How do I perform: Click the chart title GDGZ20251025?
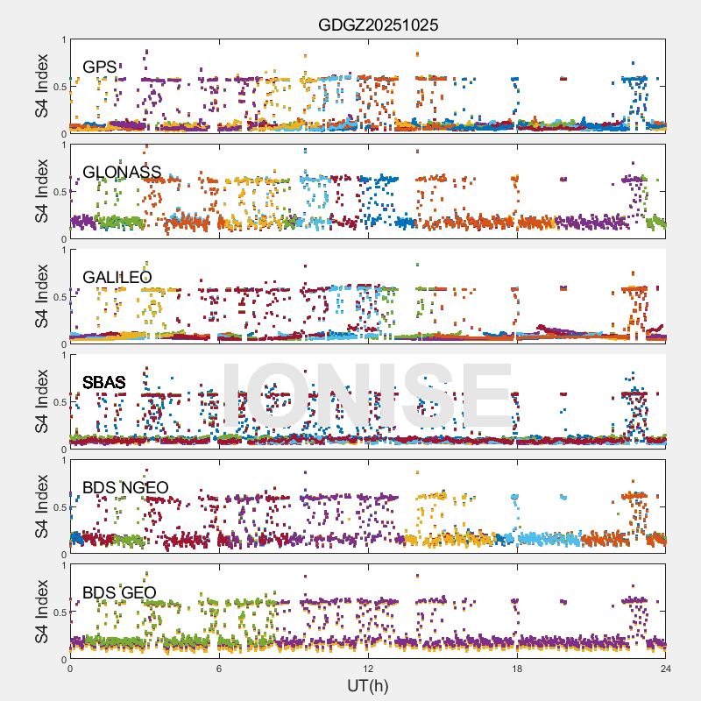(378, 25)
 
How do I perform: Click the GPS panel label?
(100, 67)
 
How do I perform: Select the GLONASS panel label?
(122, 172)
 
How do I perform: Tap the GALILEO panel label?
(117, 277)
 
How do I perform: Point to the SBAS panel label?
(104, 382)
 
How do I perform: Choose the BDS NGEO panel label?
(125, 487)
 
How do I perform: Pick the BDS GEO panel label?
(119, 592)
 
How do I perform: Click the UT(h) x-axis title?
(367, 685)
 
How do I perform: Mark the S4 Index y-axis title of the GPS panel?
(42, 86)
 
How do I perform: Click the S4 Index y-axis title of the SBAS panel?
(42, 401)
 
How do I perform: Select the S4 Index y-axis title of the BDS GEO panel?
(42, 612)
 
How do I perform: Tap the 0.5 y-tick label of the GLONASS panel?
(58, 191)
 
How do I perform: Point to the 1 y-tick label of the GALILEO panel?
(63, 250)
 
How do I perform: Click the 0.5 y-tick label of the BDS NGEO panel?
(58, 506)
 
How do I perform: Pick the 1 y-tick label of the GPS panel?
(63, 39)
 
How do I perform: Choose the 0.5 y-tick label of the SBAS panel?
(58, 401)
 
